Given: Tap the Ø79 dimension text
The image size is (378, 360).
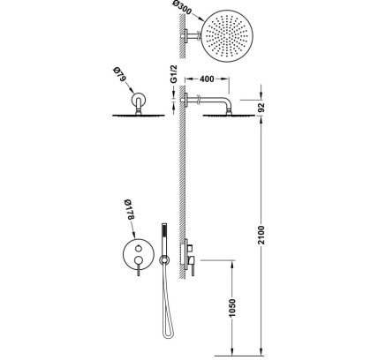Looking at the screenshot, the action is pyautogui.click(x=119, y=75).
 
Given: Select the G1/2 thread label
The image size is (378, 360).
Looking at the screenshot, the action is pyautogui.click(x=174, y=74).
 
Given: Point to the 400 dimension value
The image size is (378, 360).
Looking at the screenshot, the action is pyautogui.click(x=207, y=79).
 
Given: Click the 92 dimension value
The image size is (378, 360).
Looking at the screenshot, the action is pyautogui.click(x=261, y=108).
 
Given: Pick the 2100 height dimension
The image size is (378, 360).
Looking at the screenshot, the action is pyautogui.click(x=261, y=235).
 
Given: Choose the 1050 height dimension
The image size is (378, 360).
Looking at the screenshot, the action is pyautogui.click(x=232, y=308).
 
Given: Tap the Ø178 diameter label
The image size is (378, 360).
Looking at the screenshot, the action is pyautogui.click(x=129, y=209).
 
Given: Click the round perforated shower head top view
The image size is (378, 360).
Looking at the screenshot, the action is pyautogui.click(x=227, y=36).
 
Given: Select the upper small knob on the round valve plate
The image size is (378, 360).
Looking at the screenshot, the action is pyautogui.click(x=138, y=249).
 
